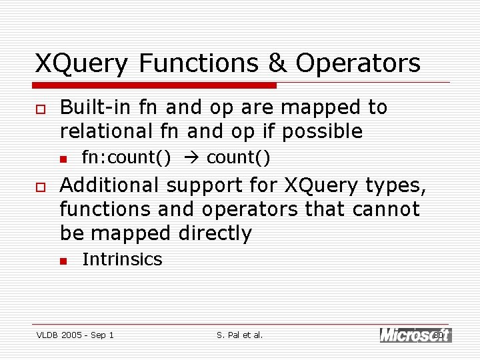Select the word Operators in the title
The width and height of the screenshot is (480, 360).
point(358,63)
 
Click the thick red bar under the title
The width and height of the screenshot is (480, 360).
point(155,85)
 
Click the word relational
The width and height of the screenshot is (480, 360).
point(105,131)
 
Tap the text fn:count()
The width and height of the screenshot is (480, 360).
point(126,158)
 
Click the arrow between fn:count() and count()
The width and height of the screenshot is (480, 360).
point(189,158)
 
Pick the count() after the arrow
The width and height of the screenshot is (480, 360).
point(238,158)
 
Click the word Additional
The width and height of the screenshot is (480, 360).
point(109,185)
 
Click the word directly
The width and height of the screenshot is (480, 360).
point(215,233)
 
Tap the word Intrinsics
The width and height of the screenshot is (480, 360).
point(122,259)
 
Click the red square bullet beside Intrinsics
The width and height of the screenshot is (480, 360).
point(63,261)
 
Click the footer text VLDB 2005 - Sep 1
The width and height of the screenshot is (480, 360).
point(75,335)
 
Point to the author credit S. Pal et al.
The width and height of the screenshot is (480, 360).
point(240,335)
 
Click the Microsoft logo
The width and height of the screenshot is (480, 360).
point(415,335)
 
